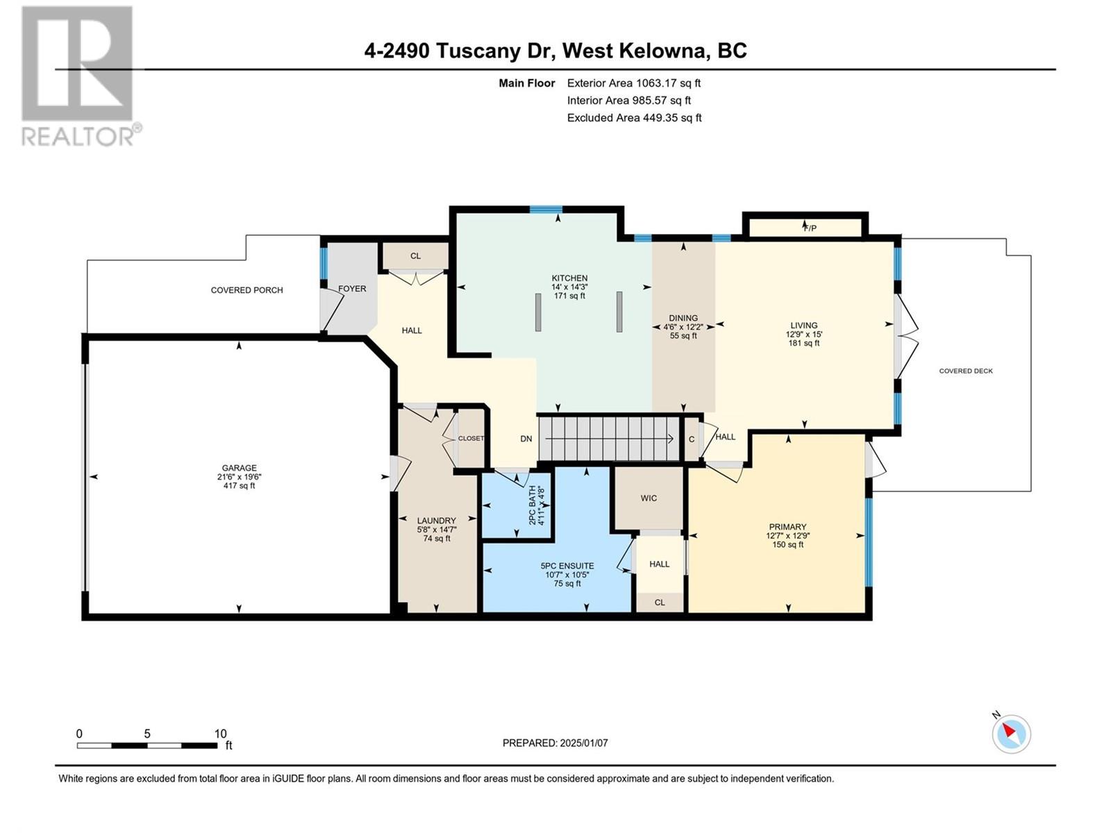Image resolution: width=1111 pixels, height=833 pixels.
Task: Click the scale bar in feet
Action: coord(147,746)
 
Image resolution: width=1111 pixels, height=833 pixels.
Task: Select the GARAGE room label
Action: coord(239,468)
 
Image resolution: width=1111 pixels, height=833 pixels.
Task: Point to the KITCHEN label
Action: coord(569,278)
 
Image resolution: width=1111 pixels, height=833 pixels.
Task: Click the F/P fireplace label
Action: coord(810,228)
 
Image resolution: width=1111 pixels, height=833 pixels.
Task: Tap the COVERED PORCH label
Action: coord(247,289)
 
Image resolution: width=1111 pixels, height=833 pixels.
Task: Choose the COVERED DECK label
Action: coord(966,371)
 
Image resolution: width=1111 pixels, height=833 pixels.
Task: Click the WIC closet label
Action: coord(649,498)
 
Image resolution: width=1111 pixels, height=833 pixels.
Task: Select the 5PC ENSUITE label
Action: coord(567,566)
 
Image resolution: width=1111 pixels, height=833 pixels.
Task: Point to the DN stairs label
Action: coord(526,439)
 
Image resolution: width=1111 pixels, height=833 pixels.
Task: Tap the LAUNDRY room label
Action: coord(436,521)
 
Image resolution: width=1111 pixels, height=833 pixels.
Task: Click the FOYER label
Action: coord(352,288)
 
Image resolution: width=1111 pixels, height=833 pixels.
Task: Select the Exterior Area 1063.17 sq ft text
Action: coord(634,83)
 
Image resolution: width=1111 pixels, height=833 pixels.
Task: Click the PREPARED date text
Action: coord(555,743)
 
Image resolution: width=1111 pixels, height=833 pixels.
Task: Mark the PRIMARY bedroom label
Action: coord(787,526)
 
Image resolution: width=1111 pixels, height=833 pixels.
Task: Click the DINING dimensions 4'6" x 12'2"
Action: coord(683,327)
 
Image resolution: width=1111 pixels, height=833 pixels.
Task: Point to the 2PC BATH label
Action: coord(532,505)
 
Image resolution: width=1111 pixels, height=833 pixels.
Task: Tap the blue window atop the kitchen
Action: coord(546,210)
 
